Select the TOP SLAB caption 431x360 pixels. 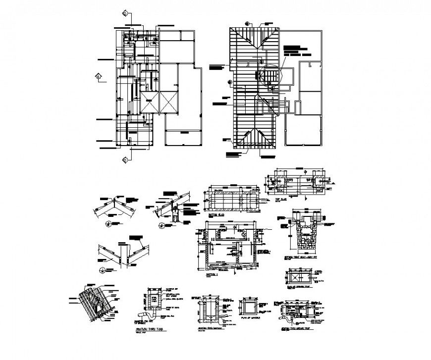pyautogui.click(x=281, y=199)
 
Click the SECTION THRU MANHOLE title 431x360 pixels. pyautogui.click(x=211, y=328)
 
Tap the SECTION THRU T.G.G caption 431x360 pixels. pyautogui.click(x=148, y=330)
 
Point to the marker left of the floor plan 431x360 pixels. pyautogui.click(x=99, y=76)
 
